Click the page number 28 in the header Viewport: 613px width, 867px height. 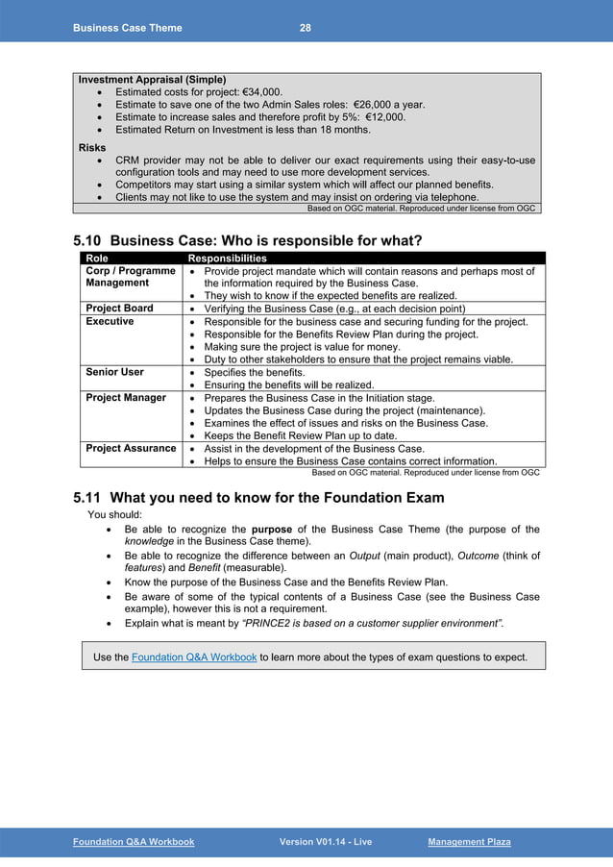305,28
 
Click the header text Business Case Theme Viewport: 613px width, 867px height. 127,28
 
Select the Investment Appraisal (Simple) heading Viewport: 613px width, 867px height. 152,79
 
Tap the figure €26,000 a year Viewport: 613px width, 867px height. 389,104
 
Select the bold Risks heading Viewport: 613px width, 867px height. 92,147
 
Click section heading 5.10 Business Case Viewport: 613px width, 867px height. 248,239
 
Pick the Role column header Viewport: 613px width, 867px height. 97,259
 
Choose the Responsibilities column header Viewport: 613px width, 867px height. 227,259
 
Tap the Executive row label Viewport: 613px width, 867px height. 110,322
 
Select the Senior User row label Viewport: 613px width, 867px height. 115,372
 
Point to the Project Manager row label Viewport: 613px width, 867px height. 126,397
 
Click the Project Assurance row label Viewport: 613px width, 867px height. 131,448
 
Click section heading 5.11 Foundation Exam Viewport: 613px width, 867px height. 258,498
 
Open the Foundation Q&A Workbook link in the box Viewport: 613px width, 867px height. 193,657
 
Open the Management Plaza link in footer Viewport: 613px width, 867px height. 469,842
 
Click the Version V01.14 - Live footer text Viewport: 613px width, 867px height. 325,842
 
